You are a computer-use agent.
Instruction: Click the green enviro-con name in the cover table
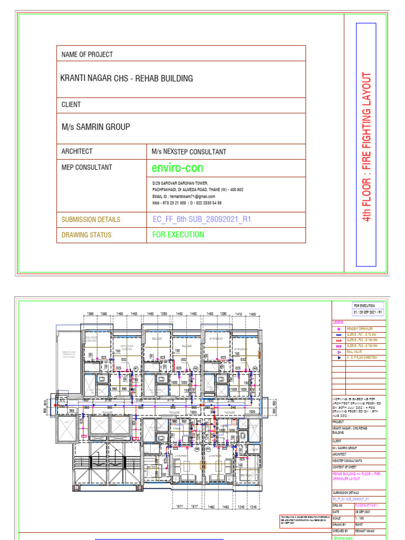(177, 168)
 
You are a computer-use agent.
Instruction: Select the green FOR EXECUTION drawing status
(178, 235)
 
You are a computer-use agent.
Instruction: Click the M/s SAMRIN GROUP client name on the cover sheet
(95, 127)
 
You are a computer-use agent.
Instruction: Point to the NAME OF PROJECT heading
(87, 54)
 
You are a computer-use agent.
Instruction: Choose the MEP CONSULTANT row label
(86, 167)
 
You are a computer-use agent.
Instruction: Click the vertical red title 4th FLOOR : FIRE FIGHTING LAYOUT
(367, 147)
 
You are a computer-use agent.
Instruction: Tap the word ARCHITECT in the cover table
(77, 151)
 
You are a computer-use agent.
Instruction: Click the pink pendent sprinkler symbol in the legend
(338, 329)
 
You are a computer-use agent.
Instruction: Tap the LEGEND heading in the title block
(338, 322)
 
